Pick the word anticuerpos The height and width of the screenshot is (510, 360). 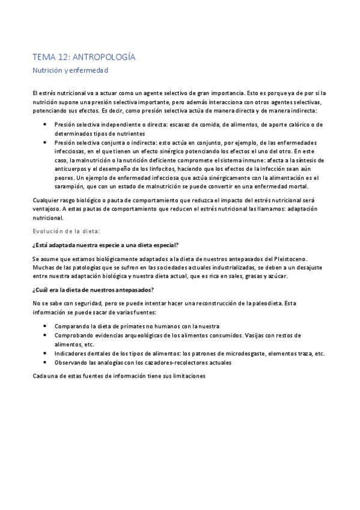click(x=75, y=170)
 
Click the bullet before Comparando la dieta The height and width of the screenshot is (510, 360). click(x=46, y=326)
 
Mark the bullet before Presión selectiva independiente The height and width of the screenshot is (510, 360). click(x=46, y=124)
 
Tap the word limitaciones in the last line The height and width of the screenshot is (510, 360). click(x=186, y=376)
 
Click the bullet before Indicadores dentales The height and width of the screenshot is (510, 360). click(x=46, y=354)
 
